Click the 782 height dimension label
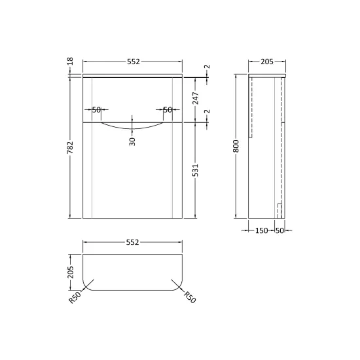pos(70,147)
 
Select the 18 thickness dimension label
pos(70,61)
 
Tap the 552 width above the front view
pos(134,62)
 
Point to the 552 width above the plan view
pos(132,242)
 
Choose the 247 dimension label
pos(196,98)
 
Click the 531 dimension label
pos(195,170)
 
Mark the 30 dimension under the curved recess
pos(132,141)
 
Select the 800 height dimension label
pos(236,146)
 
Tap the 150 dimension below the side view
pos(262,230)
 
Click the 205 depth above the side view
pos(267,62)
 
